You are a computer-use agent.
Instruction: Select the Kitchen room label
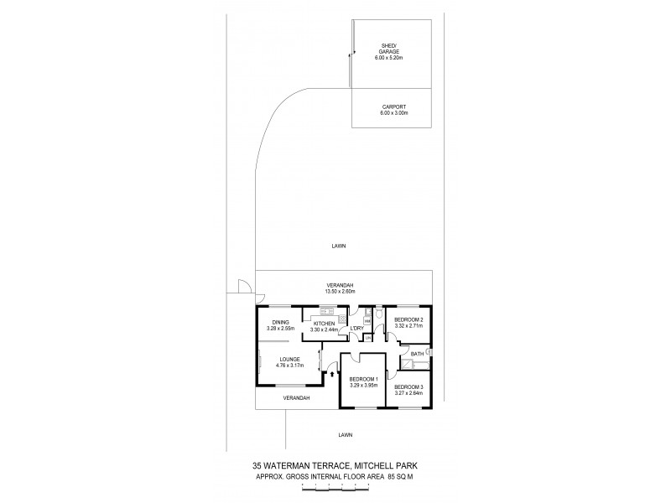[x=324, y=324]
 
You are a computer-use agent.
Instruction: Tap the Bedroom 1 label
[x=364, y=379]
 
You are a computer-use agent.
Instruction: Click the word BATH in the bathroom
[x=416, y=355]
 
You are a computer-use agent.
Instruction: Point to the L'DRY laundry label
[x=356, y=328]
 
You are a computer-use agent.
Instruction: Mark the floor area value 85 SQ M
[x=401, y=476]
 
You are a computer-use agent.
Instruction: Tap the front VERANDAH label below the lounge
[x=297, y=397]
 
